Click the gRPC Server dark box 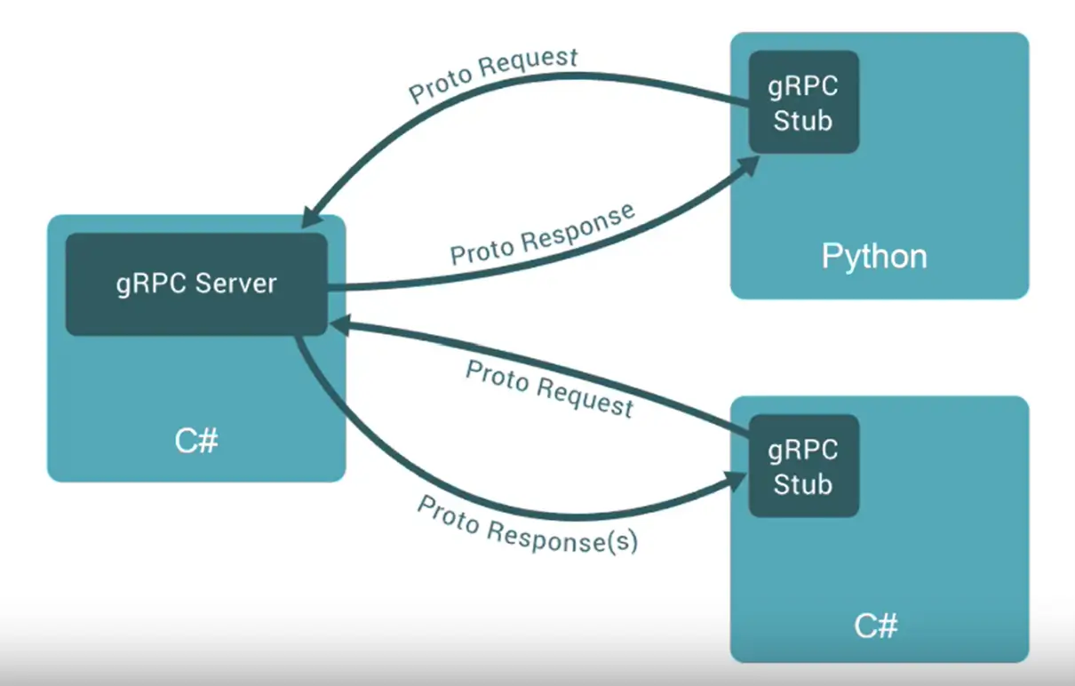click(196, 284)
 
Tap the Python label click(873, 257)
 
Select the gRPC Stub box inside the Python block click(803, 102)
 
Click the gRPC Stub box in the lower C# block click(803, 466)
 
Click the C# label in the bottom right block click(876, 626)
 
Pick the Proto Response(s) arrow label click(527, 524)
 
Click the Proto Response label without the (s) click(543, 234)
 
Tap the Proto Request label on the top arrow click(493, 76)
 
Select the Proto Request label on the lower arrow click(549, 388)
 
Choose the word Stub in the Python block click(803, 120)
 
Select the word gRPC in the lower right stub click(803, 450)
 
